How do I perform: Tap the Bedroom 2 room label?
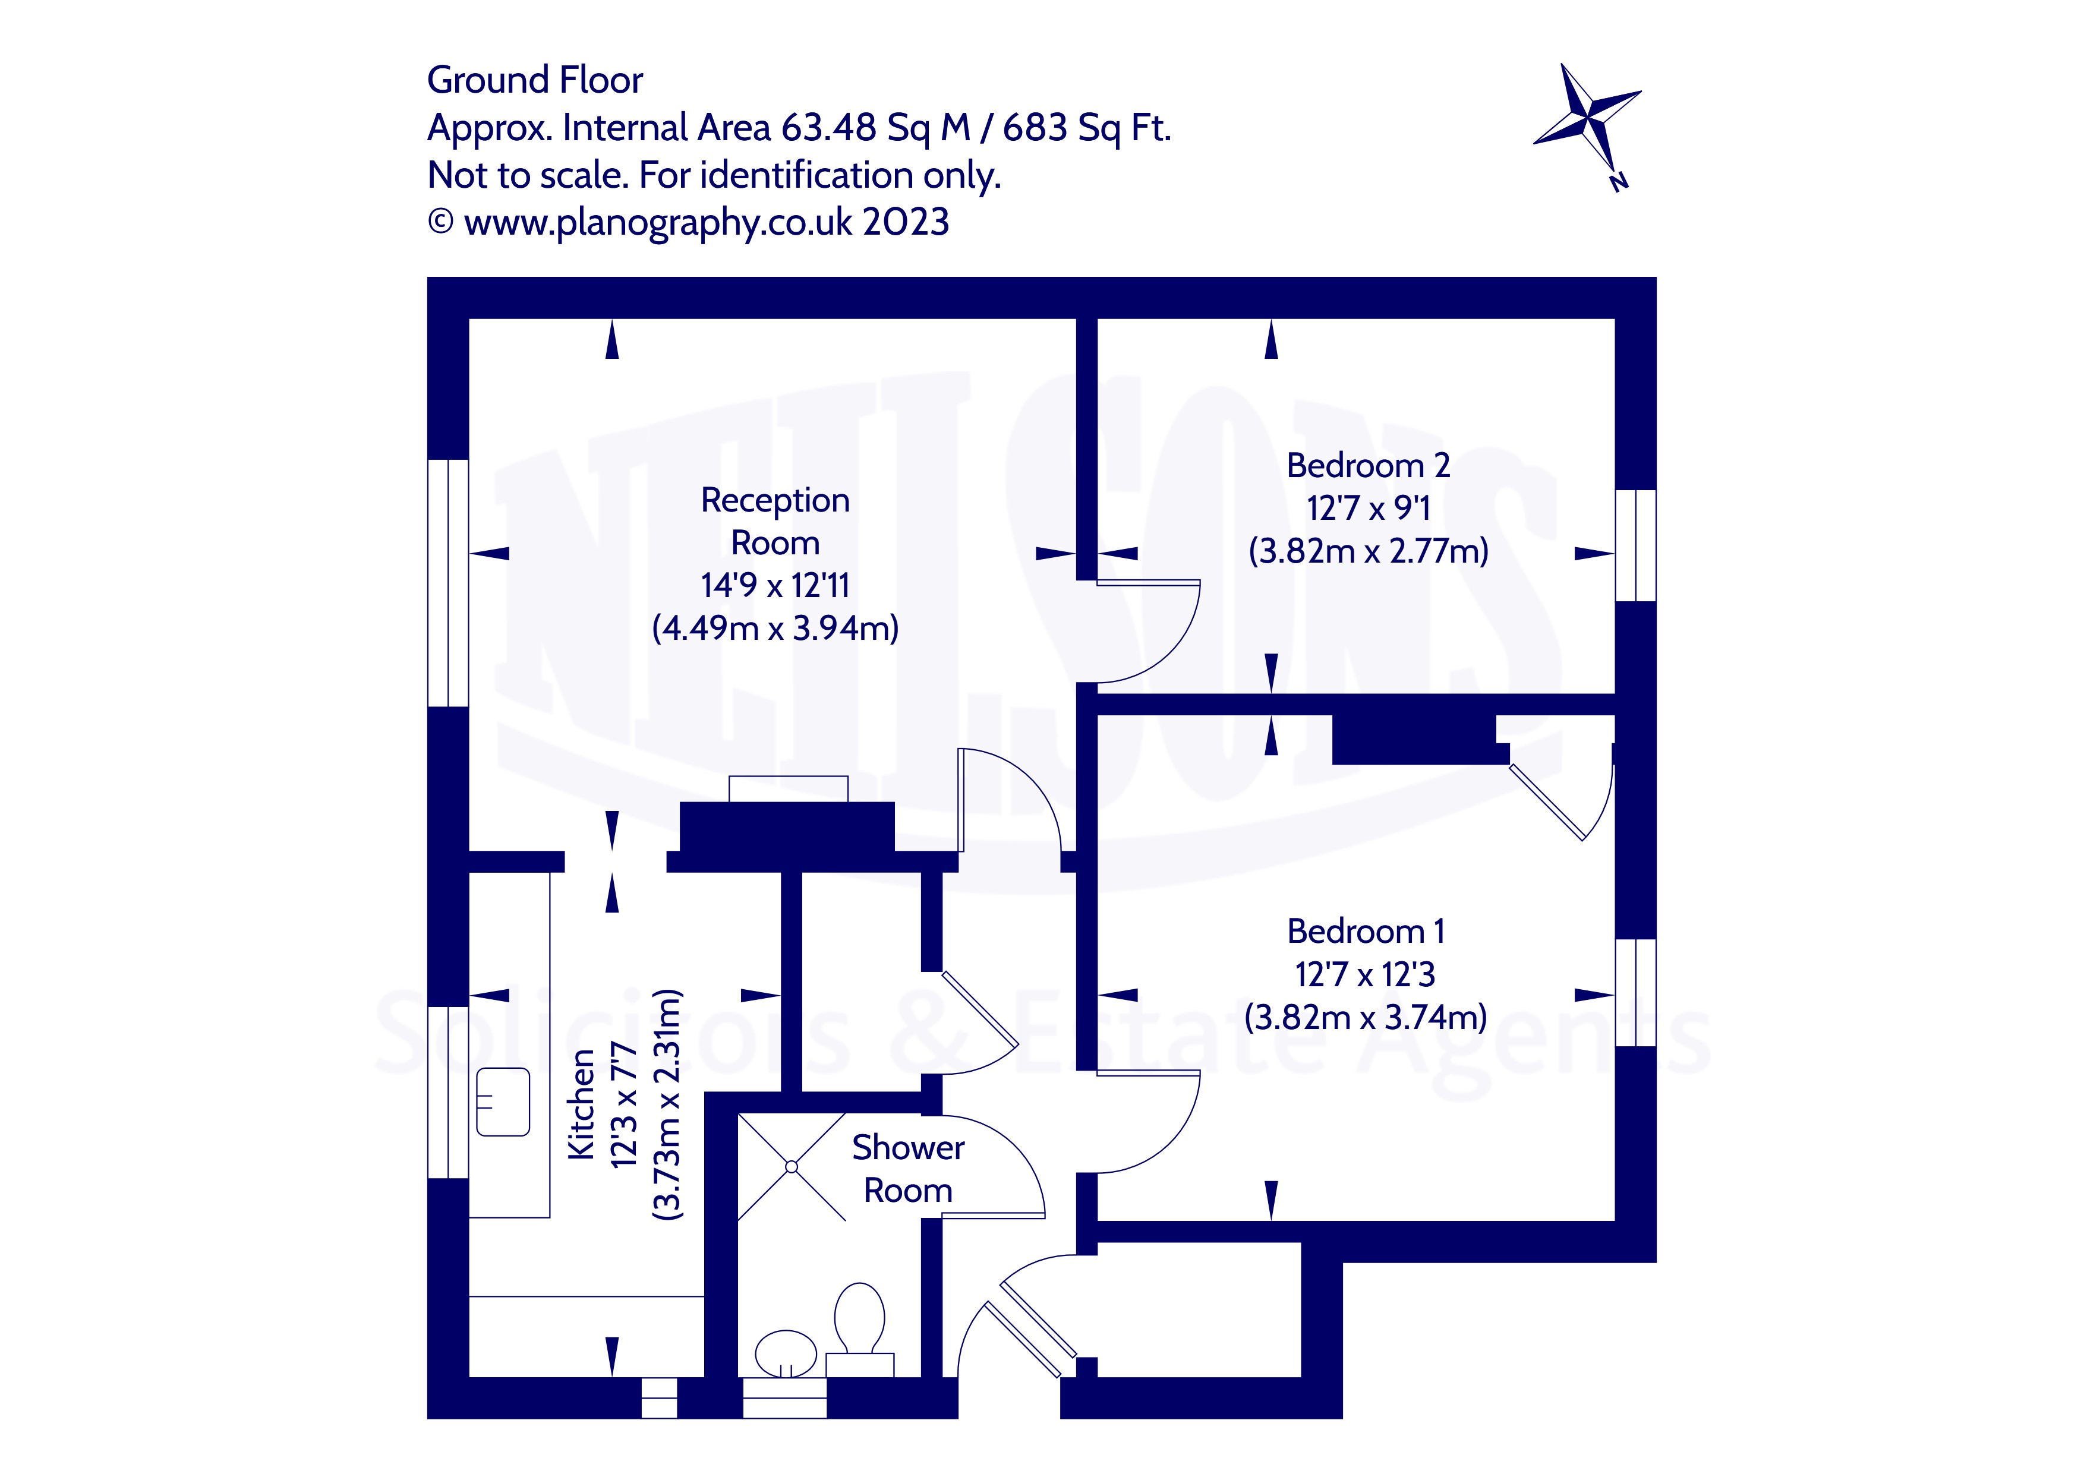point(1368,466)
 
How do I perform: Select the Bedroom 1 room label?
point(1365,931)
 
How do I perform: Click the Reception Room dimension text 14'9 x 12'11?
point(775,585)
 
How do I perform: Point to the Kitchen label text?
point(581,1104)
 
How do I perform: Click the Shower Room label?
point(907,1169)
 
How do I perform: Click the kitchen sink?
point(503,1102)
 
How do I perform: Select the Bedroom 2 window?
point(1635,545)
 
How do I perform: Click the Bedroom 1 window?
point(1635,993)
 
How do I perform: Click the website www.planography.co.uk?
point(658,222)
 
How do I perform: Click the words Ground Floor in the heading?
point(535,80)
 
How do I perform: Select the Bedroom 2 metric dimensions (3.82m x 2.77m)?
point(1368,551)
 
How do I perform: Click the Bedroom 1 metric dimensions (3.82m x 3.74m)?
point(1365,1017)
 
